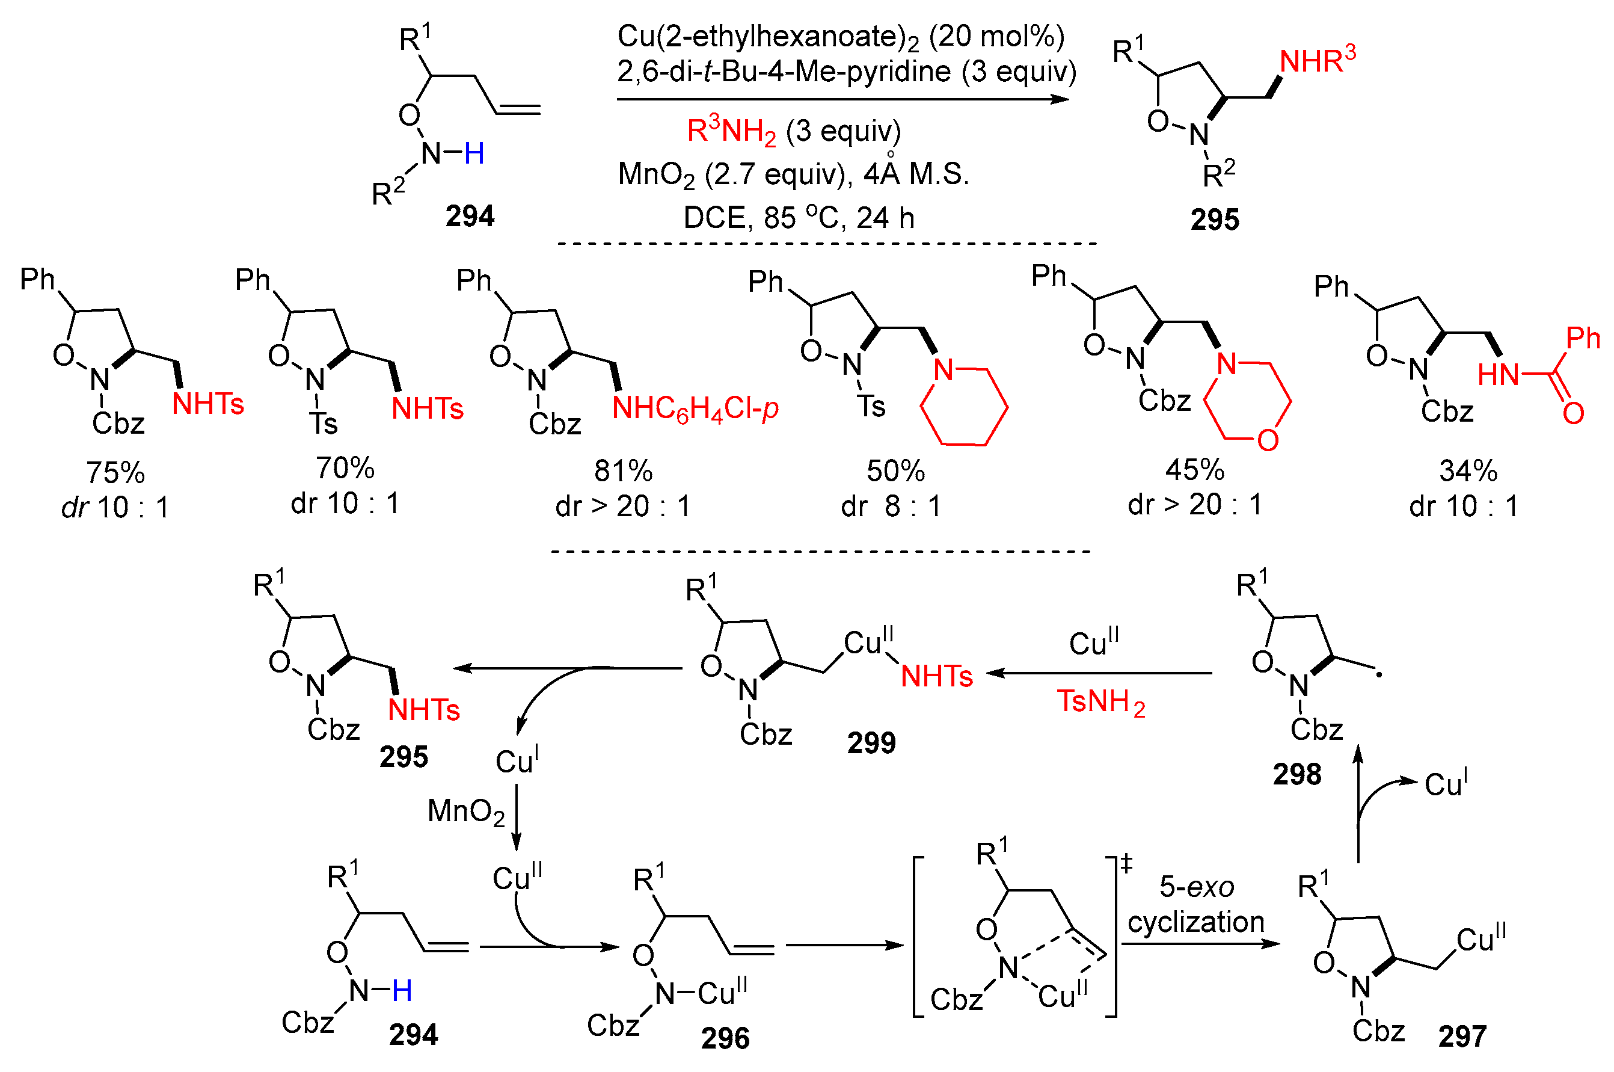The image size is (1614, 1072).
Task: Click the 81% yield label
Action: [x=622, y=472]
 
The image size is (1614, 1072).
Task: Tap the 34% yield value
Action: [x=1467, y=472]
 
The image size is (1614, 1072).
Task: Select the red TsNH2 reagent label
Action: [x=1100, y=702]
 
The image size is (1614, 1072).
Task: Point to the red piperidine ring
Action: [x=963, y=407]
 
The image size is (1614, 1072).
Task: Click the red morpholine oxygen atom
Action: [x=1268, y=440]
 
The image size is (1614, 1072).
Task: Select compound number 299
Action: [x=871, y=742]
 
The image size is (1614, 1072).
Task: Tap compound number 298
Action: [x=1296, y=775]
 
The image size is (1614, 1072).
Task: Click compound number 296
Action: [x=725, y=1038]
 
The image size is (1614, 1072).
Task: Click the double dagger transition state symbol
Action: [x=1126, y=864]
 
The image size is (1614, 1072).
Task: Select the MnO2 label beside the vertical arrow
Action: [x=465, y=812]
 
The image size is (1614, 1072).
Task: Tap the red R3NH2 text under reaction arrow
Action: [x=731, y=131]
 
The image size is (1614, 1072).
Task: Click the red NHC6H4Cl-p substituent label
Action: [x=695, y=409]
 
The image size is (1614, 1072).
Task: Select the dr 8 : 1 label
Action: [x=891, y=507]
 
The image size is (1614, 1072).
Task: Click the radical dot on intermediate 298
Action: [x=1379, y=676]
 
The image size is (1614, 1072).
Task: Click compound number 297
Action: [x=1462, y=1037]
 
